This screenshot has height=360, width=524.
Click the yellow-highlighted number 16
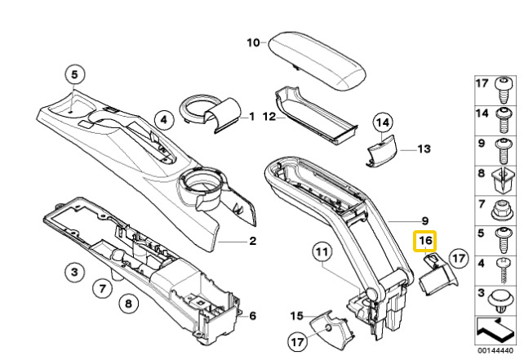(x=426, y=242)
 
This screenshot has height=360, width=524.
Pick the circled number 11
(x=321, y=251)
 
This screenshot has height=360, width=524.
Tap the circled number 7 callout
(x=101, y=287)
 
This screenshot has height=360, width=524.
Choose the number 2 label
(x=253, y=241)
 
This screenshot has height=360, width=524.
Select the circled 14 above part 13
(x=383, y=122)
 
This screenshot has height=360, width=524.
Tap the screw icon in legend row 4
(x=504, y=265)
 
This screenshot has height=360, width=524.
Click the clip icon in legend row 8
(x=504, y=177)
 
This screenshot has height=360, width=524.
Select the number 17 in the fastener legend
(x=482, y=83)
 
